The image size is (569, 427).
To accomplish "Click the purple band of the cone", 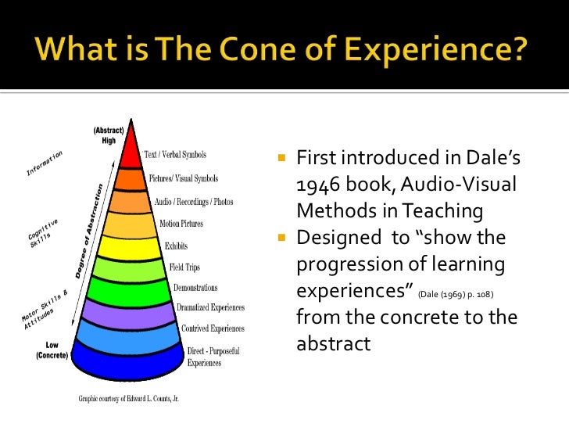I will pyautogui.click(x=131, y=314).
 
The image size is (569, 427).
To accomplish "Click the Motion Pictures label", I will pyautogui.click(x=181, y=224).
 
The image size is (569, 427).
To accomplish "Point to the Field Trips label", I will pyautogui.click(x=184, y=267).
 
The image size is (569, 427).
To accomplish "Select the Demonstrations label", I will pyautogui.click(x=195, y=288).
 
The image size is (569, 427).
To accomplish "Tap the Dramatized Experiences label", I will pyautogui.click(x=210, y=308).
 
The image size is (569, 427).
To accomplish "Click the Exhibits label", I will pyautogui.click(x=176, y=246).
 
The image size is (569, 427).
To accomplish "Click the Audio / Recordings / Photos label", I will pyautogui.click(x=194, y=202).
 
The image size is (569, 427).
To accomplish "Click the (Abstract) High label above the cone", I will pyautogui.click(x=104, y=135).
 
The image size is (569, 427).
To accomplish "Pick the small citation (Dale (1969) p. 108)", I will pyautogui.click(x=456, y=294).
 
